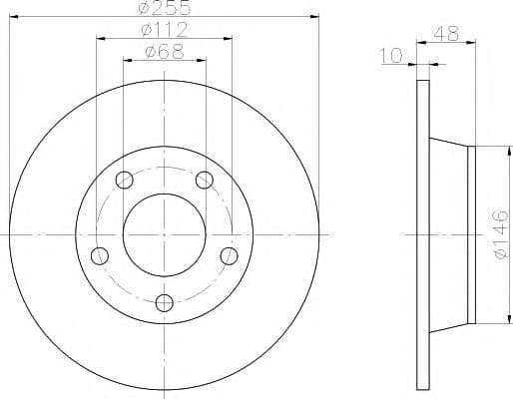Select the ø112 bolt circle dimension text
(165, 30)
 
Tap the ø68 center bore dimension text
(165, 52)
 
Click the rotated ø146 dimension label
(500, 235)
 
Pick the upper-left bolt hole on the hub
(125, 180)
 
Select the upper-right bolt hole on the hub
(205, 180)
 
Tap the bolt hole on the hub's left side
(100, 255)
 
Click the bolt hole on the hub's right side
(230, 255)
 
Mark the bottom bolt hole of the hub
(165, 302)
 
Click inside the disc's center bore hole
(165, 234)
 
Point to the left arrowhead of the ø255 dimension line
(13, 16)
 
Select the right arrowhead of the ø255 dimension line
(315, 16)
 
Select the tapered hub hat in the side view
(449, 234)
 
